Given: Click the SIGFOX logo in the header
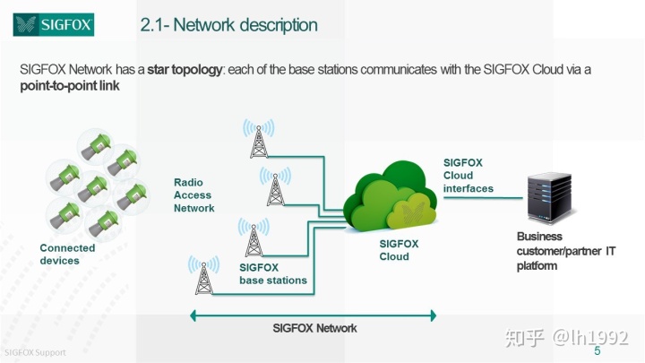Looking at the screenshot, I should (54, 23).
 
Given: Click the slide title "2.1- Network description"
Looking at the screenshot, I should (228, 25).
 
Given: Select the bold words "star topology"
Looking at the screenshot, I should (186, 69).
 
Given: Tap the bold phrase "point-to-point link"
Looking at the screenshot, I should (70, 86).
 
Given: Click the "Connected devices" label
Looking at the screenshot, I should (67, 255).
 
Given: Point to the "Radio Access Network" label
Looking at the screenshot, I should (193, 195).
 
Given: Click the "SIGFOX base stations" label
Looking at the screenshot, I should (272, 273).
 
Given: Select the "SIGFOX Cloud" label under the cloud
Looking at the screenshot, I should (394, 250).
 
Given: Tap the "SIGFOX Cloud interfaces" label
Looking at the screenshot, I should (469, 176).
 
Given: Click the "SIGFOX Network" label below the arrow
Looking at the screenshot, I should (314, 328).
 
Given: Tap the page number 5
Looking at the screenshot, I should (598, 350).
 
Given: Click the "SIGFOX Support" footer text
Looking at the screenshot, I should (33, 352).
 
